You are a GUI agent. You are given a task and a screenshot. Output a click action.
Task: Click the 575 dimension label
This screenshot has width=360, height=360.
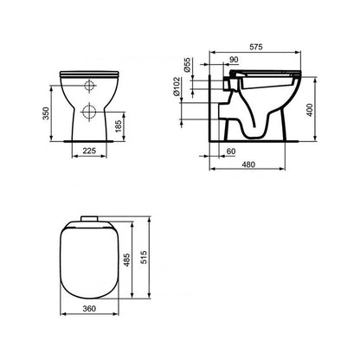click(256, 47)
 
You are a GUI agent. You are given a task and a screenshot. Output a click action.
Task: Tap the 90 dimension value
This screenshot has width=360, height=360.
click(234, 60)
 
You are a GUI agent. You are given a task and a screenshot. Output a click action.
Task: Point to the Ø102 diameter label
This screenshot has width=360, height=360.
click(177, 87)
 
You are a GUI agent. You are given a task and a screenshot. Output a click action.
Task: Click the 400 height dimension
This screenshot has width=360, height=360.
click(309, 110)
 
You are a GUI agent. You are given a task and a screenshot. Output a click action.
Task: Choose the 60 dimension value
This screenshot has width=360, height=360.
click(231, 151)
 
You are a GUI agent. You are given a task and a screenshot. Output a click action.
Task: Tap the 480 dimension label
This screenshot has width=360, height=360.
click(248, 164)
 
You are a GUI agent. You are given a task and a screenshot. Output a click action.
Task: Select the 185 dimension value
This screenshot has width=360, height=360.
click(119, 126)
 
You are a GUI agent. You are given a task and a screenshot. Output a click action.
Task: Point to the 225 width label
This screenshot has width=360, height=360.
click(89, 151)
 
